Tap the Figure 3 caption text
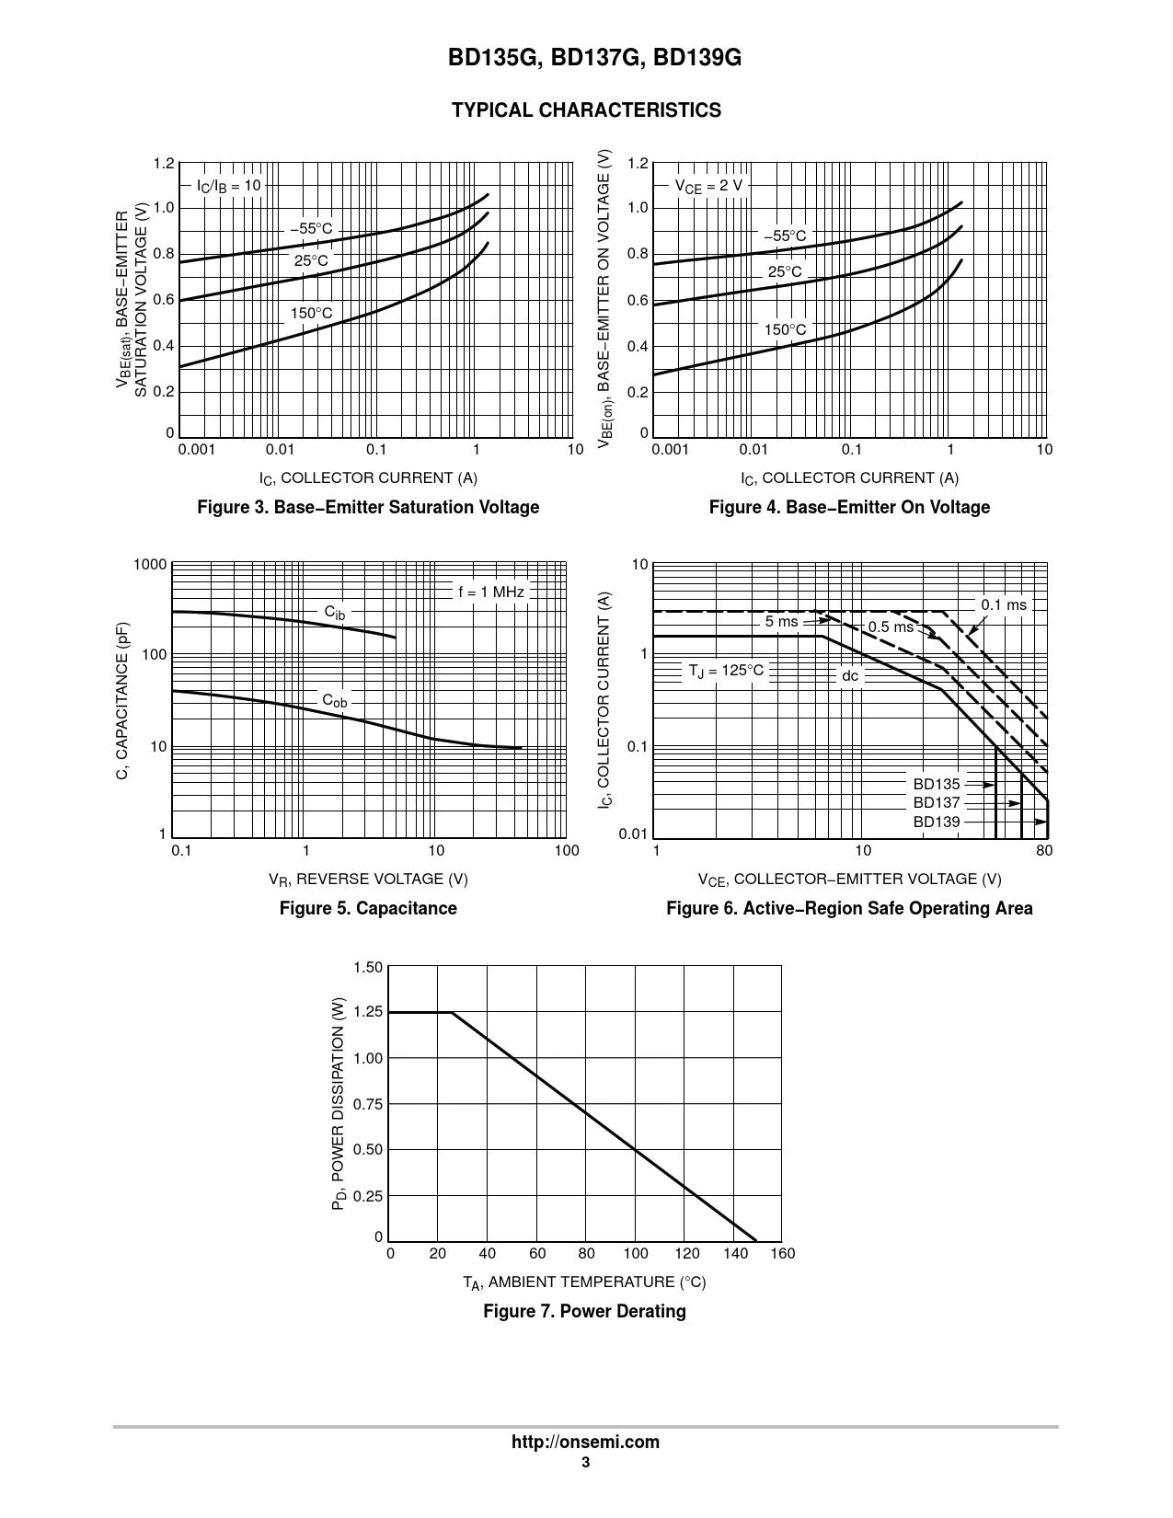368,507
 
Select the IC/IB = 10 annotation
229,186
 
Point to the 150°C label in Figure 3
312,313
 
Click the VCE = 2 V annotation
707,186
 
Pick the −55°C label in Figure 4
785,236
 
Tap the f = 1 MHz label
491,592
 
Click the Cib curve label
335,612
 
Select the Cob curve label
335,701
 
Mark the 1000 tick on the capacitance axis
150,565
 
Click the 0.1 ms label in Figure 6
1003,604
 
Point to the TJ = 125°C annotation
726,670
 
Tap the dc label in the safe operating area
850,676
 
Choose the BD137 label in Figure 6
937,802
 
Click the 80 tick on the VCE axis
1044,851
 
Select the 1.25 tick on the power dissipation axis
368,1012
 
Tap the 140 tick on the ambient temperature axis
735,1253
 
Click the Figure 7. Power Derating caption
584,1311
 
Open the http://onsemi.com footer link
585,1442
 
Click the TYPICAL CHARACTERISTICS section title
586,110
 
